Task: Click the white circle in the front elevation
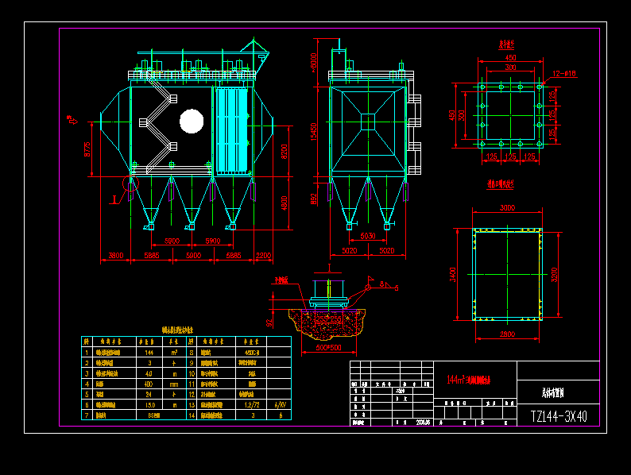pyautogui.click(x=192, y=121)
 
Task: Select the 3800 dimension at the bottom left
pyautogui.click(x=116, y=256)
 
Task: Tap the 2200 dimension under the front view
pyautogui.click(x=264, y=256)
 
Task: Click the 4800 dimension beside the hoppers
pyautogui.click(x=284, y=203)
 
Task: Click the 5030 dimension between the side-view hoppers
pyautogui.click(x=368, y=236)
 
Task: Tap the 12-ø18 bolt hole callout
pyautogui.click(x=563, y=73)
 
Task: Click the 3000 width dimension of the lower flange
pyautogui.click(x=507, y=207)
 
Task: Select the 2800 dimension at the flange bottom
pyautogui.click(x=507, y=334)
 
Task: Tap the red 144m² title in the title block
pyautogui.click(x=470, y=380)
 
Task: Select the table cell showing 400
pyautogui.click(x=149, y=383)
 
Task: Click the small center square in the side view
pyautogui.click(x=368, y=122)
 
